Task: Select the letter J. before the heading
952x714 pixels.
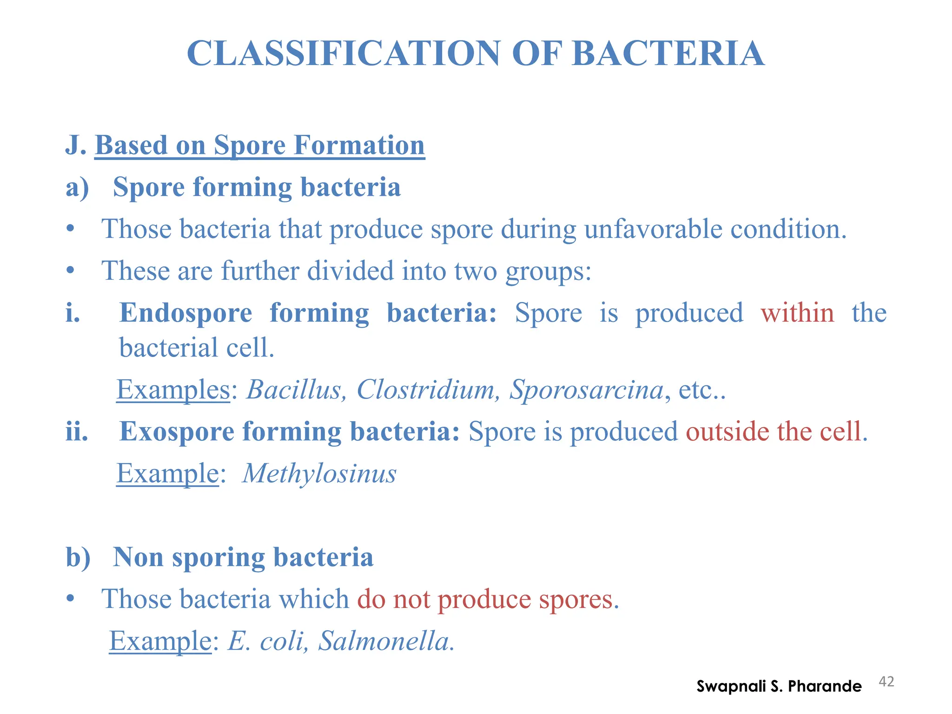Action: pyautogui.click(x=76, y=145)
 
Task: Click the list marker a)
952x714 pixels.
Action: pyautogui.click(x=77, y=187)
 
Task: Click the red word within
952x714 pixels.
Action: pyautogui.click(x=797, y=312)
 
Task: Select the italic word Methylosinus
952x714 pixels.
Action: pyautogui.click(x=319, y=474)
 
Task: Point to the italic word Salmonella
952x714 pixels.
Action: pyautogui.click(x=385, y=641)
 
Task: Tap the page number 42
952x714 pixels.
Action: pyautogui.click(x=886, y=682)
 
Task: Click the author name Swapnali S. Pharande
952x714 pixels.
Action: pyautogui.click(x=779, y=686)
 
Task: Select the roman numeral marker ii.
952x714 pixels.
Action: pyautogui.click(x=77, y=432)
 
